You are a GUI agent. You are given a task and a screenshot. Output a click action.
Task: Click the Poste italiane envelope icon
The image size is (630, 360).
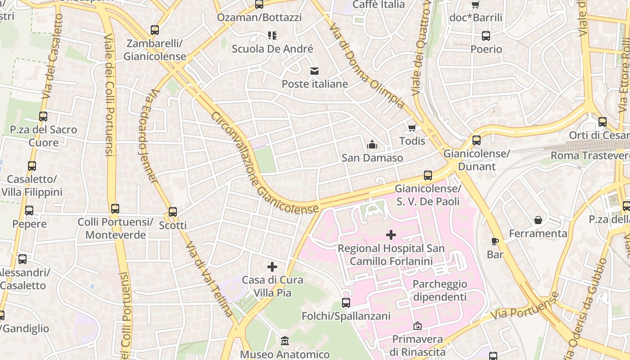[314, 71]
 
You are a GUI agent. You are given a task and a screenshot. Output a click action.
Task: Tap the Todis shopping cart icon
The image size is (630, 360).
[412, 128]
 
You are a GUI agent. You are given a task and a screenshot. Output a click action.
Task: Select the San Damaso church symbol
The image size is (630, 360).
[372, 145]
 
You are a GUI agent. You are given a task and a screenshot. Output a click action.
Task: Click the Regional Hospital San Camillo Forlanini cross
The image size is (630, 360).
[391, 235]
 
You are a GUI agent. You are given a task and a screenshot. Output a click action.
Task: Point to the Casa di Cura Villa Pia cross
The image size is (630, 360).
[272, 267]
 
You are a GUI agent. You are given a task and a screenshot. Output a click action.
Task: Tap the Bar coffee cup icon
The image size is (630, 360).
[495, 242]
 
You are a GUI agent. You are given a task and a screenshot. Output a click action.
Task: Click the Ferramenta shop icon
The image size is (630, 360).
[538, 220]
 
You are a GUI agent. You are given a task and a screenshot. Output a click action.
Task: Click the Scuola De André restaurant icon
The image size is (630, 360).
[272, 35]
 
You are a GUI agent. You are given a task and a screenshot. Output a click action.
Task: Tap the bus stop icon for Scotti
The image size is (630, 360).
[173, 212]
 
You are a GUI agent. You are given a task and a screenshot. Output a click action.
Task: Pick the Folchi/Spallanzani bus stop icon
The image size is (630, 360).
[346, 303]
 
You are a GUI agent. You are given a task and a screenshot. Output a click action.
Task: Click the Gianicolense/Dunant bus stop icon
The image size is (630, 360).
[477, 140]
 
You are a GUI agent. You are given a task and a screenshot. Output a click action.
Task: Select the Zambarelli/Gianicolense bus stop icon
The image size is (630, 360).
[155, 30]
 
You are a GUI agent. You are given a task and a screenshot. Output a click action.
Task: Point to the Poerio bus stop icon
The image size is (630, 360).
[486, 36]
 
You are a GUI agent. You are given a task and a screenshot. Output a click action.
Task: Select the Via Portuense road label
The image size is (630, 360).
[524, 306]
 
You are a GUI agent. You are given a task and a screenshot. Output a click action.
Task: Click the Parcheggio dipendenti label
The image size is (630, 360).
[440, 291]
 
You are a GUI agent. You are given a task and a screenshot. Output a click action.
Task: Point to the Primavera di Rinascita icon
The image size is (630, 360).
[418, 325]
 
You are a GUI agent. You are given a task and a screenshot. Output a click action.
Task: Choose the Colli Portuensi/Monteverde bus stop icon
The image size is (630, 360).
[115, 209]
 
